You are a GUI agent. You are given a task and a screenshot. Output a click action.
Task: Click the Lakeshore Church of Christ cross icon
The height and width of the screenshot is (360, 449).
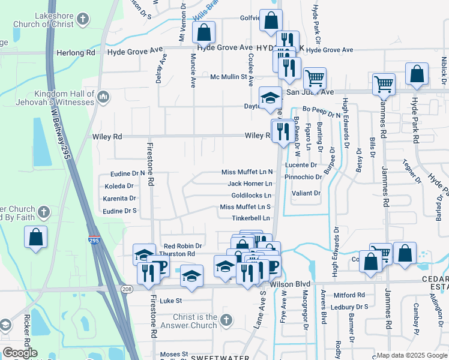pyautogui.click(x=83, y=20)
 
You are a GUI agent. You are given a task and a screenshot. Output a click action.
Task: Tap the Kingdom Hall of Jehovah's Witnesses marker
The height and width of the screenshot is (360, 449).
pyautogui.click(x=103, y=96)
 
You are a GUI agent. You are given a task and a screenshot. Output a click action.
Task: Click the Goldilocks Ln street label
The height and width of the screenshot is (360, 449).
pyautogui.click(x=252, y=196)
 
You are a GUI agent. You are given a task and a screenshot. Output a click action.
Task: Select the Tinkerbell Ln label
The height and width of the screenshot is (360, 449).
pyautogui.click(x=252, y=218)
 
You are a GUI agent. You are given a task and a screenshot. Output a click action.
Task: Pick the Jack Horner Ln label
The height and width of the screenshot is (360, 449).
pyautogui.click(x=250, y=184)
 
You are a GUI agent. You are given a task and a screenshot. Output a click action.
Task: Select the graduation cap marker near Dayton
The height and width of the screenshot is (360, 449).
pyautogui.click(x=270, y=97)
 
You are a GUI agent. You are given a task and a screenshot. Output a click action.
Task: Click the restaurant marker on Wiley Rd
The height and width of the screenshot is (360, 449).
pyautogui.click(x=283, y=130)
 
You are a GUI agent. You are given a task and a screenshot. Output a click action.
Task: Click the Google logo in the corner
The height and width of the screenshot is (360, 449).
pyautogui.click(x=20, y=353)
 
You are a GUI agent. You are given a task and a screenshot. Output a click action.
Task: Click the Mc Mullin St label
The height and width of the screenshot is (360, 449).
pyautogui.click(x=229, y=77)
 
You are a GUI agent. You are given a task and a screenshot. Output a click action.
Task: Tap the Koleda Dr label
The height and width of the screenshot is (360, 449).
pyautogui.click(x=119, y=186)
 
